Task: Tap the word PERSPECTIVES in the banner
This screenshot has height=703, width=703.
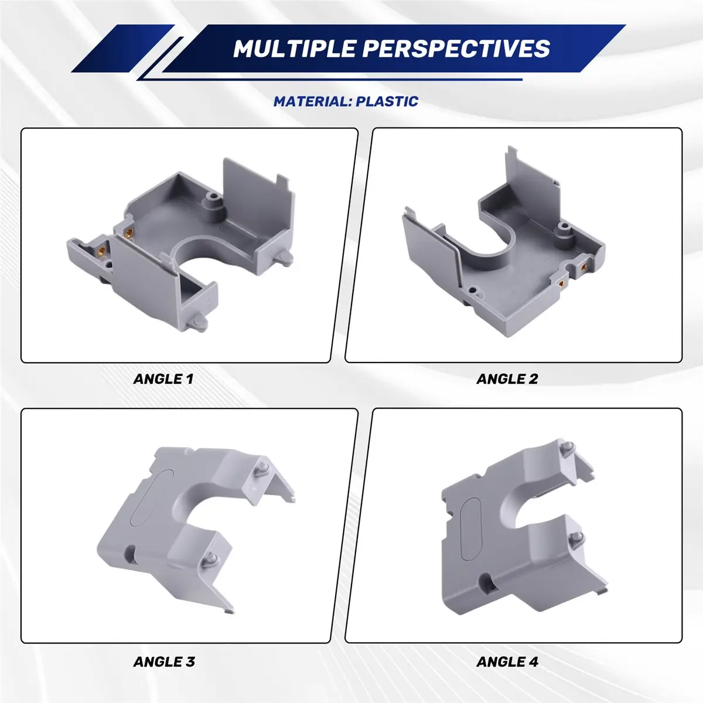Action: [456, 49]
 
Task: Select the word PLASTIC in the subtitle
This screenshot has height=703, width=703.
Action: [387, 101]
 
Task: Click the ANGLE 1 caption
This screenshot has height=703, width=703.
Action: [163, 379]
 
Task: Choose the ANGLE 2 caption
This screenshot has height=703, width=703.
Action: [507, 379]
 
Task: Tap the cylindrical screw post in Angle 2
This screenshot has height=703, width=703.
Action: [564, 234]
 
